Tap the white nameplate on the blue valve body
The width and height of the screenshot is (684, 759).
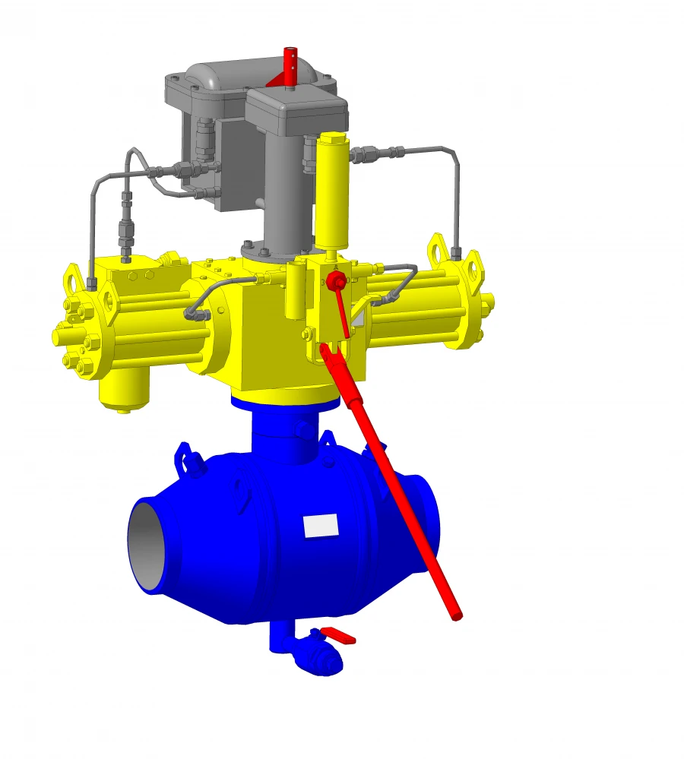(x=320, y=525)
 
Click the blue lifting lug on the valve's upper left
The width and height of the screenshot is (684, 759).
(x=186, y=456)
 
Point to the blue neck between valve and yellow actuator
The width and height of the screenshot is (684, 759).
(x=285, y=433)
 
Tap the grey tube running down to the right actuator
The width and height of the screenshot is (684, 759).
(x=456, y=198)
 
